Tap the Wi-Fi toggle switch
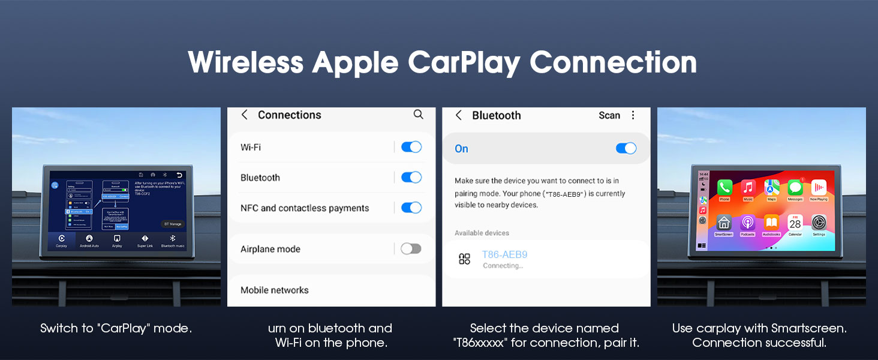tap(411, 147)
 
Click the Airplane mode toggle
tap(411, 248)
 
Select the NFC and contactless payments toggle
tap(411, 208)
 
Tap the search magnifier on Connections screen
tap(419, 115)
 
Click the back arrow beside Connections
tap(245, 115)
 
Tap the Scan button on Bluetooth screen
tap(609, 115)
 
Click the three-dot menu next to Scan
tap(633, 115)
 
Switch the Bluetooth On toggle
tap(626, 148)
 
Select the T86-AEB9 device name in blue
tap(504, 254)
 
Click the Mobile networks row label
tap(275, 290)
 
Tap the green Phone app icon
tap(724, 187)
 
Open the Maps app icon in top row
tap(772, 187)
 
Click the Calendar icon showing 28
tap(795, 223)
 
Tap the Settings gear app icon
tap(819, 223)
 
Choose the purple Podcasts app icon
tap(748, 223)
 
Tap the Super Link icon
tap(145, 239)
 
